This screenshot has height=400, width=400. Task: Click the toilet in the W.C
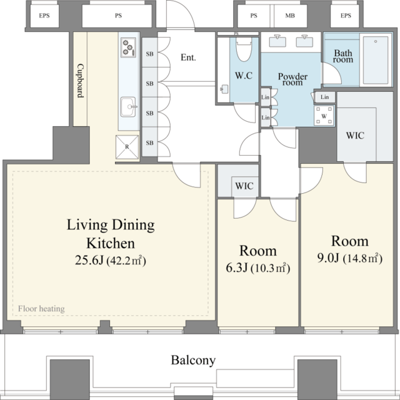tap(244, 49)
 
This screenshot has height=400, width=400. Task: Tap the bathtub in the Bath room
tap(376, 60)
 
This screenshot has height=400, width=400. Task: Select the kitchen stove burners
tap(128, 47)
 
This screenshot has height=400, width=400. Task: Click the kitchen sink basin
tap(128, 107)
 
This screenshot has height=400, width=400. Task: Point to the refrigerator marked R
tap(127, 147)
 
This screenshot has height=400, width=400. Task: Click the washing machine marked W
tap(324, 116)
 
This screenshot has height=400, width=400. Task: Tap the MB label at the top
tap(290, 16)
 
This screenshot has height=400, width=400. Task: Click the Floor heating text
tap(41, 309)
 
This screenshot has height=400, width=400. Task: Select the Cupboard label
tap(81, 81)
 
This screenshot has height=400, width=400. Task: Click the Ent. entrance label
tap(188, 57)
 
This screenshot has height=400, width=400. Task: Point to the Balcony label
tap(193, 361)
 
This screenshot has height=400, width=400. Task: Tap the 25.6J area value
tap(89, 261)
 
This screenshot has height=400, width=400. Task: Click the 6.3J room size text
tap(237, 268)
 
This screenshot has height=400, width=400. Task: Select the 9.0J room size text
tap(328, 258)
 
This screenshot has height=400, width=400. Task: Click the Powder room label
tap(292, 79)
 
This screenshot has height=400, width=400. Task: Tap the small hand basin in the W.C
tap(224, 89)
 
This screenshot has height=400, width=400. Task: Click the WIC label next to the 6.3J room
tap(244, 186)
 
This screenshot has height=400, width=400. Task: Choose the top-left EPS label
tap(44, 16)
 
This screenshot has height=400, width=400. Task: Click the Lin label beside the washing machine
tap(324, 97)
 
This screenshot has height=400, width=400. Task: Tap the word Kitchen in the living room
tap(111, 243)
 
